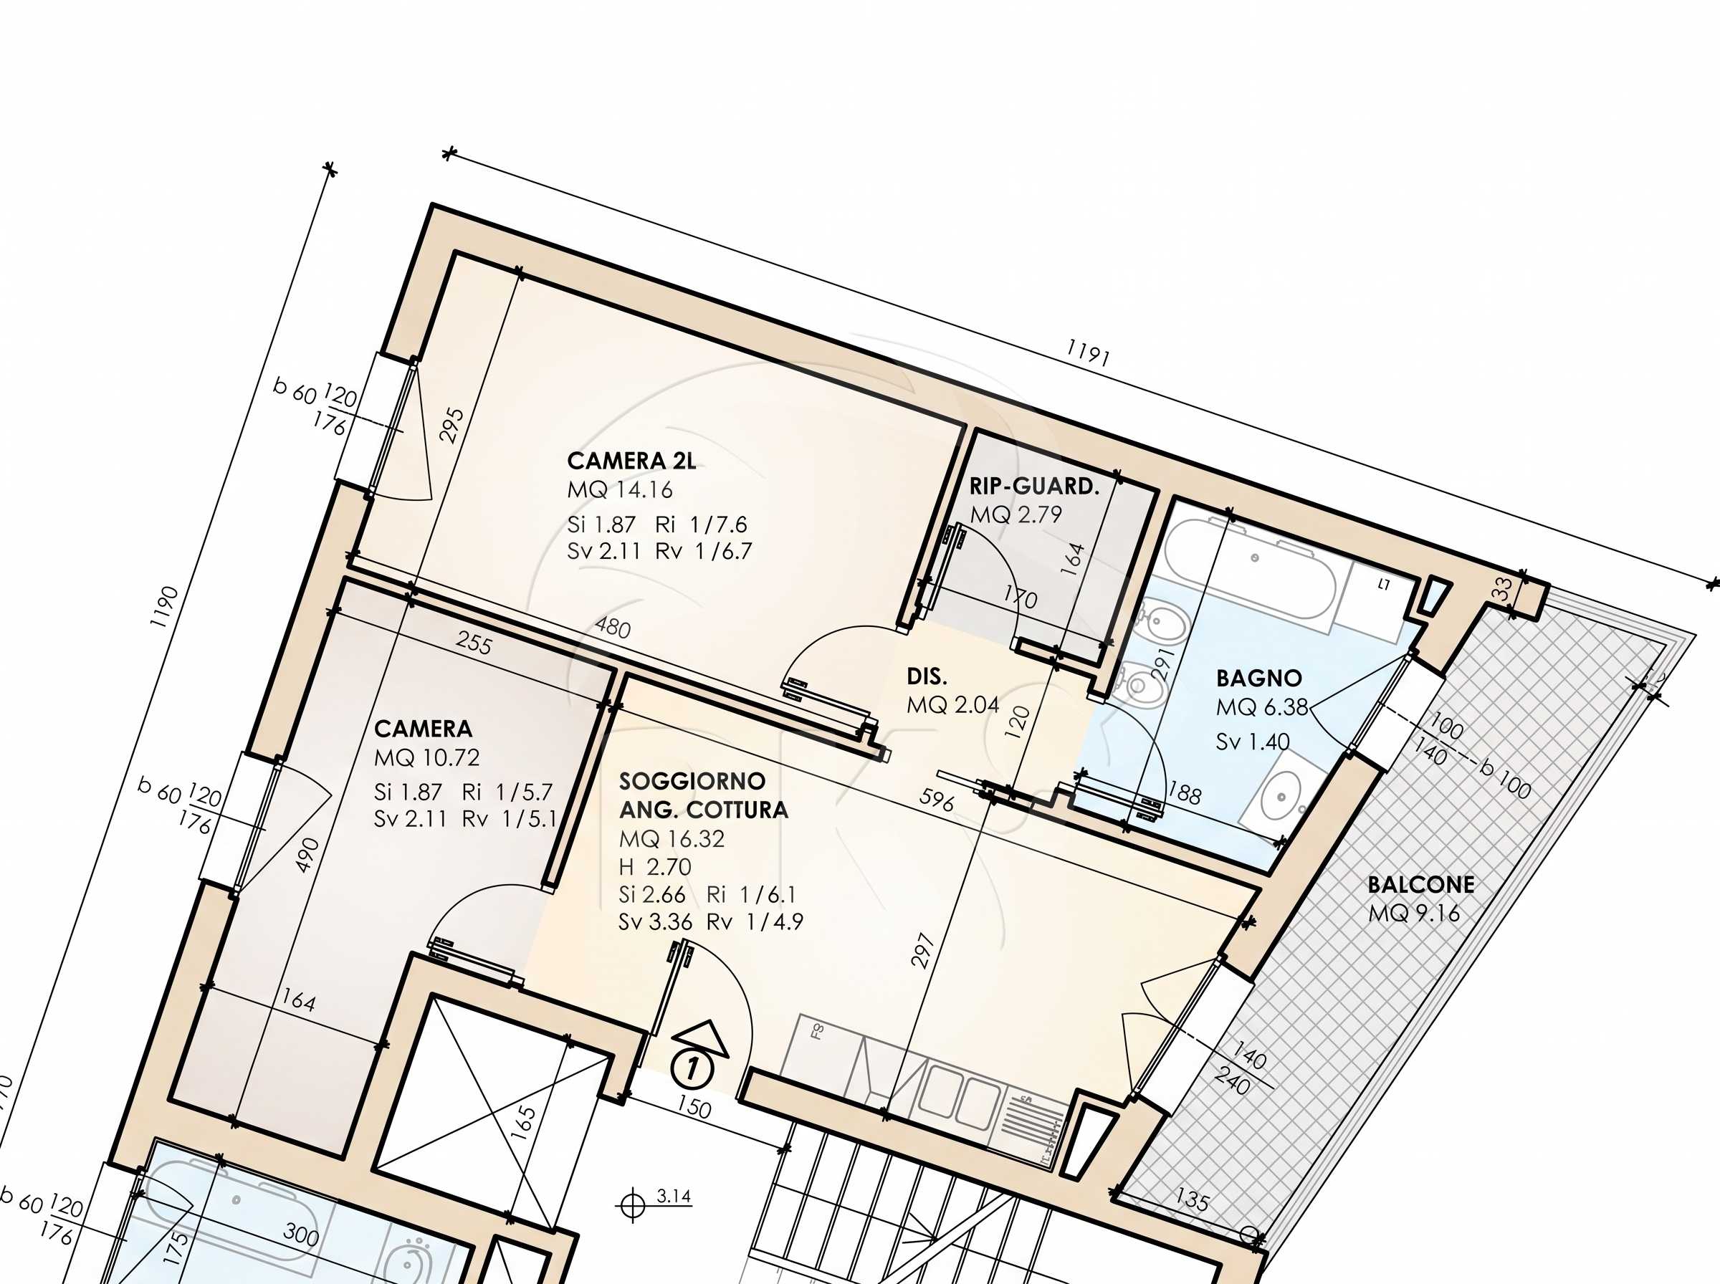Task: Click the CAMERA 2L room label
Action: click(x=631, y=461)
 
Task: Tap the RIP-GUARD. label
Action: click(x=1034, y=487)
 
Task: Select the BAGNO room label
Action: click(x=1258, y=679)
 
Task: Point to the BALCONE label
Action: click(x=1420, y=884)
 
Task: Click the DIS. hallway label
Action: click(x=927, y=677)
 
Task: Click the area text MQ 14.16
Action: click(x=620, y=490)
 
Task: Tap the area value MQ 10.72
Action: click(x=426, y=758)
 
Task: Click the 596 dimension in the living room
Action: click(x=936, y=800)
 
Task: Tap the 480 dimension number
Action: click(x=613, y=627)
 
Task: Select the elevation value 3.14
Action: click(x=673, y=1195)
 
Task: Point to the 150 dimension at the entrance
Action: click(x=693, y=1108)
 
